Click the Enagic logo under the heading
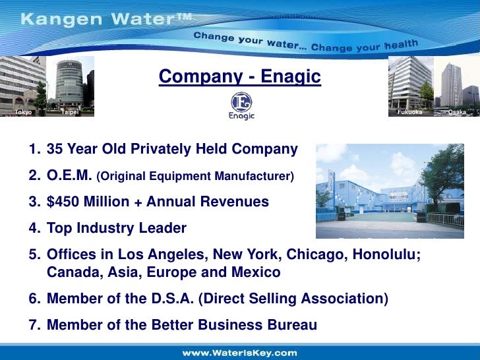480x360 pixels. pyautogui.click(x=242, y=105)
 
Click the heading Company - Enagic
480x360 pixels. pyautogui.click(x=240, y=78)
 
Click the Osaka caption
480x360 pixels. pyautogui.click(x=456, y=112)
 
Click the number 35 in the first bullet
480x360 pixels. pyautogui.click(x=55, y=150)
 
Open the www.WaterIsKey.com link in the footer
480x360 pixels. pyautogui.click(x=239, y=353)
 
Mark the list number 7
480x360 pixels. pyautogui.click(x=33, y=324)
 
